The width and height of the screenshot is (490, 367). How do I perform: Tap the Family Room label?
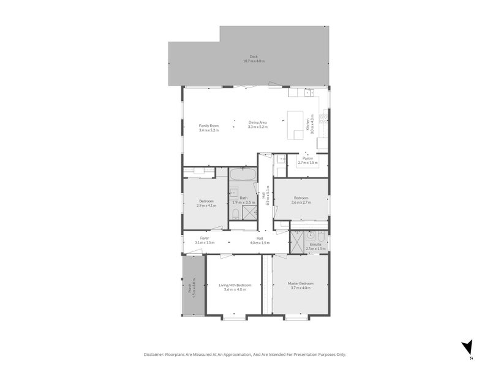click(x=208, y=125)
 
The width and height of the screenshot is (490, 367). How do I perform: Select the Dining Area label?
click(x=257, y=122)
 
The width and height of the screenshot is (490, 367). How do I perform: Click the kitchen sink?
click(x=310, y=93)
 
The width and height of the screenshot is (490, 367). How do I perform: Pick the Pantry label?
click(x=307, y=158)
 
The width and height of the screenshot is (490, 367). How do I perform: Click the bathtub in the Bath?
click(x=241, y=174)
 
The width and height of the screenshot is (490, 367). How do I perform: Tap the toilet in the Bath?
click(x=236, y=213)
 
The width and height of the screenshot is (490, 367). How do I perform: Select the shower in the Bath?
click(x=249, y=212)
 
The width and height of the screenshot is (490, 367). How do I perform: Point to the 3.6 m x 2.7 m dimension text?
click(x=301, y=201)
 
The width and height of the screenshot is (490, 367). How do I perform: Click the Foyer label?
click(x=205, y=238)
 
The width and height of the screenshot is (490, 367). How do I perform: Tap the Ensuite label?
click(x=315, y=245)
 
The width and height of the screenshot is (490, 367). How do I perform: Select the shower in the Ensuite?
click(x=297, y=242)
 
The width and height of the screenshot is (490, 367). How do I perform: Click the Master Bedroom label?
click(x=301, y=284)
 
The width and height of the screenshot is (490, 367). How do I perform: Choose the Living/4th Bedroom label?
click(x=235, y=285)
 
